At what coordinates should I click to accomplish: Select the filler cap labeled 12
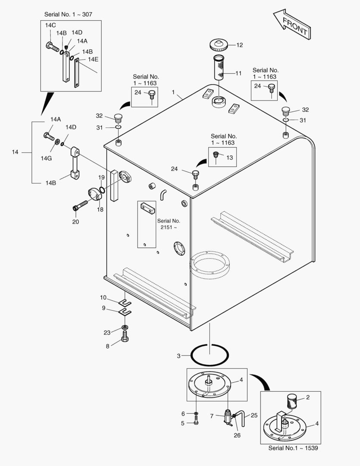pyautogui.click(x=221, y=45)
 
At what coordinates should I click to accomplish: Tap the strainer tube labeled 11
pyautogui.click(x=221, y=67)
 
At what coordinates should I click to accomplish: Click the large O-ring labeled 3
pyautogui.click(x=210, y=356)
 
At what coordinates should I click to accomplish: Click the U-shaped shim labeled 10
pyautogui.click(x=125, y=301)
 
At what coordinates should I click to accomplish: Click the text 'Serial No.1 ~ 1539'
pyautogui.click(x=293, y=448)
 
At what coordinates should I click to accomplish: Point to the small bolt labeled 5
pyautogui.click(x=196, y=423)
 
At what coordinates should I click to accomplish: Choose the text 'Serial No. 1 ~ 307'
pyautogui.click(x=68, y=14)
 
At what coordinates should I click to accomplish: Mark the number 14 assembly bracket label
pyautogui.click(x=15, y=152)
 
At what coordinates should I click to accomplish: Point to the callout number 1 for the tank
pyautogui.click(x=173, y=92)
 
